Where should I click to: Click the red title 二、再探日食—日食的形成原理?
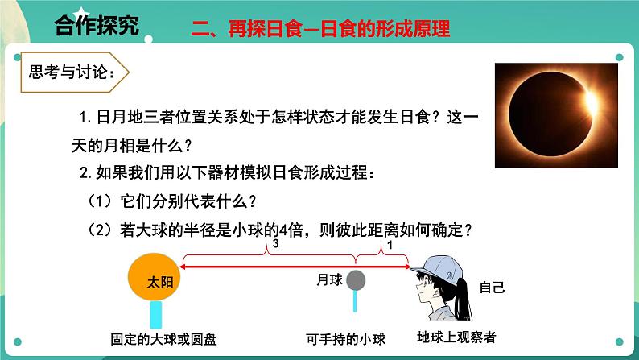tap(320, 29)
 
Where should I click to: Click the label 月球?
tap(330, 279)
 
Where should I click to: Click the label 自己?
tap(492, 287)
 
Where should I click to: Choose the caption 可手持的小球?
tap(340, 338)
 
